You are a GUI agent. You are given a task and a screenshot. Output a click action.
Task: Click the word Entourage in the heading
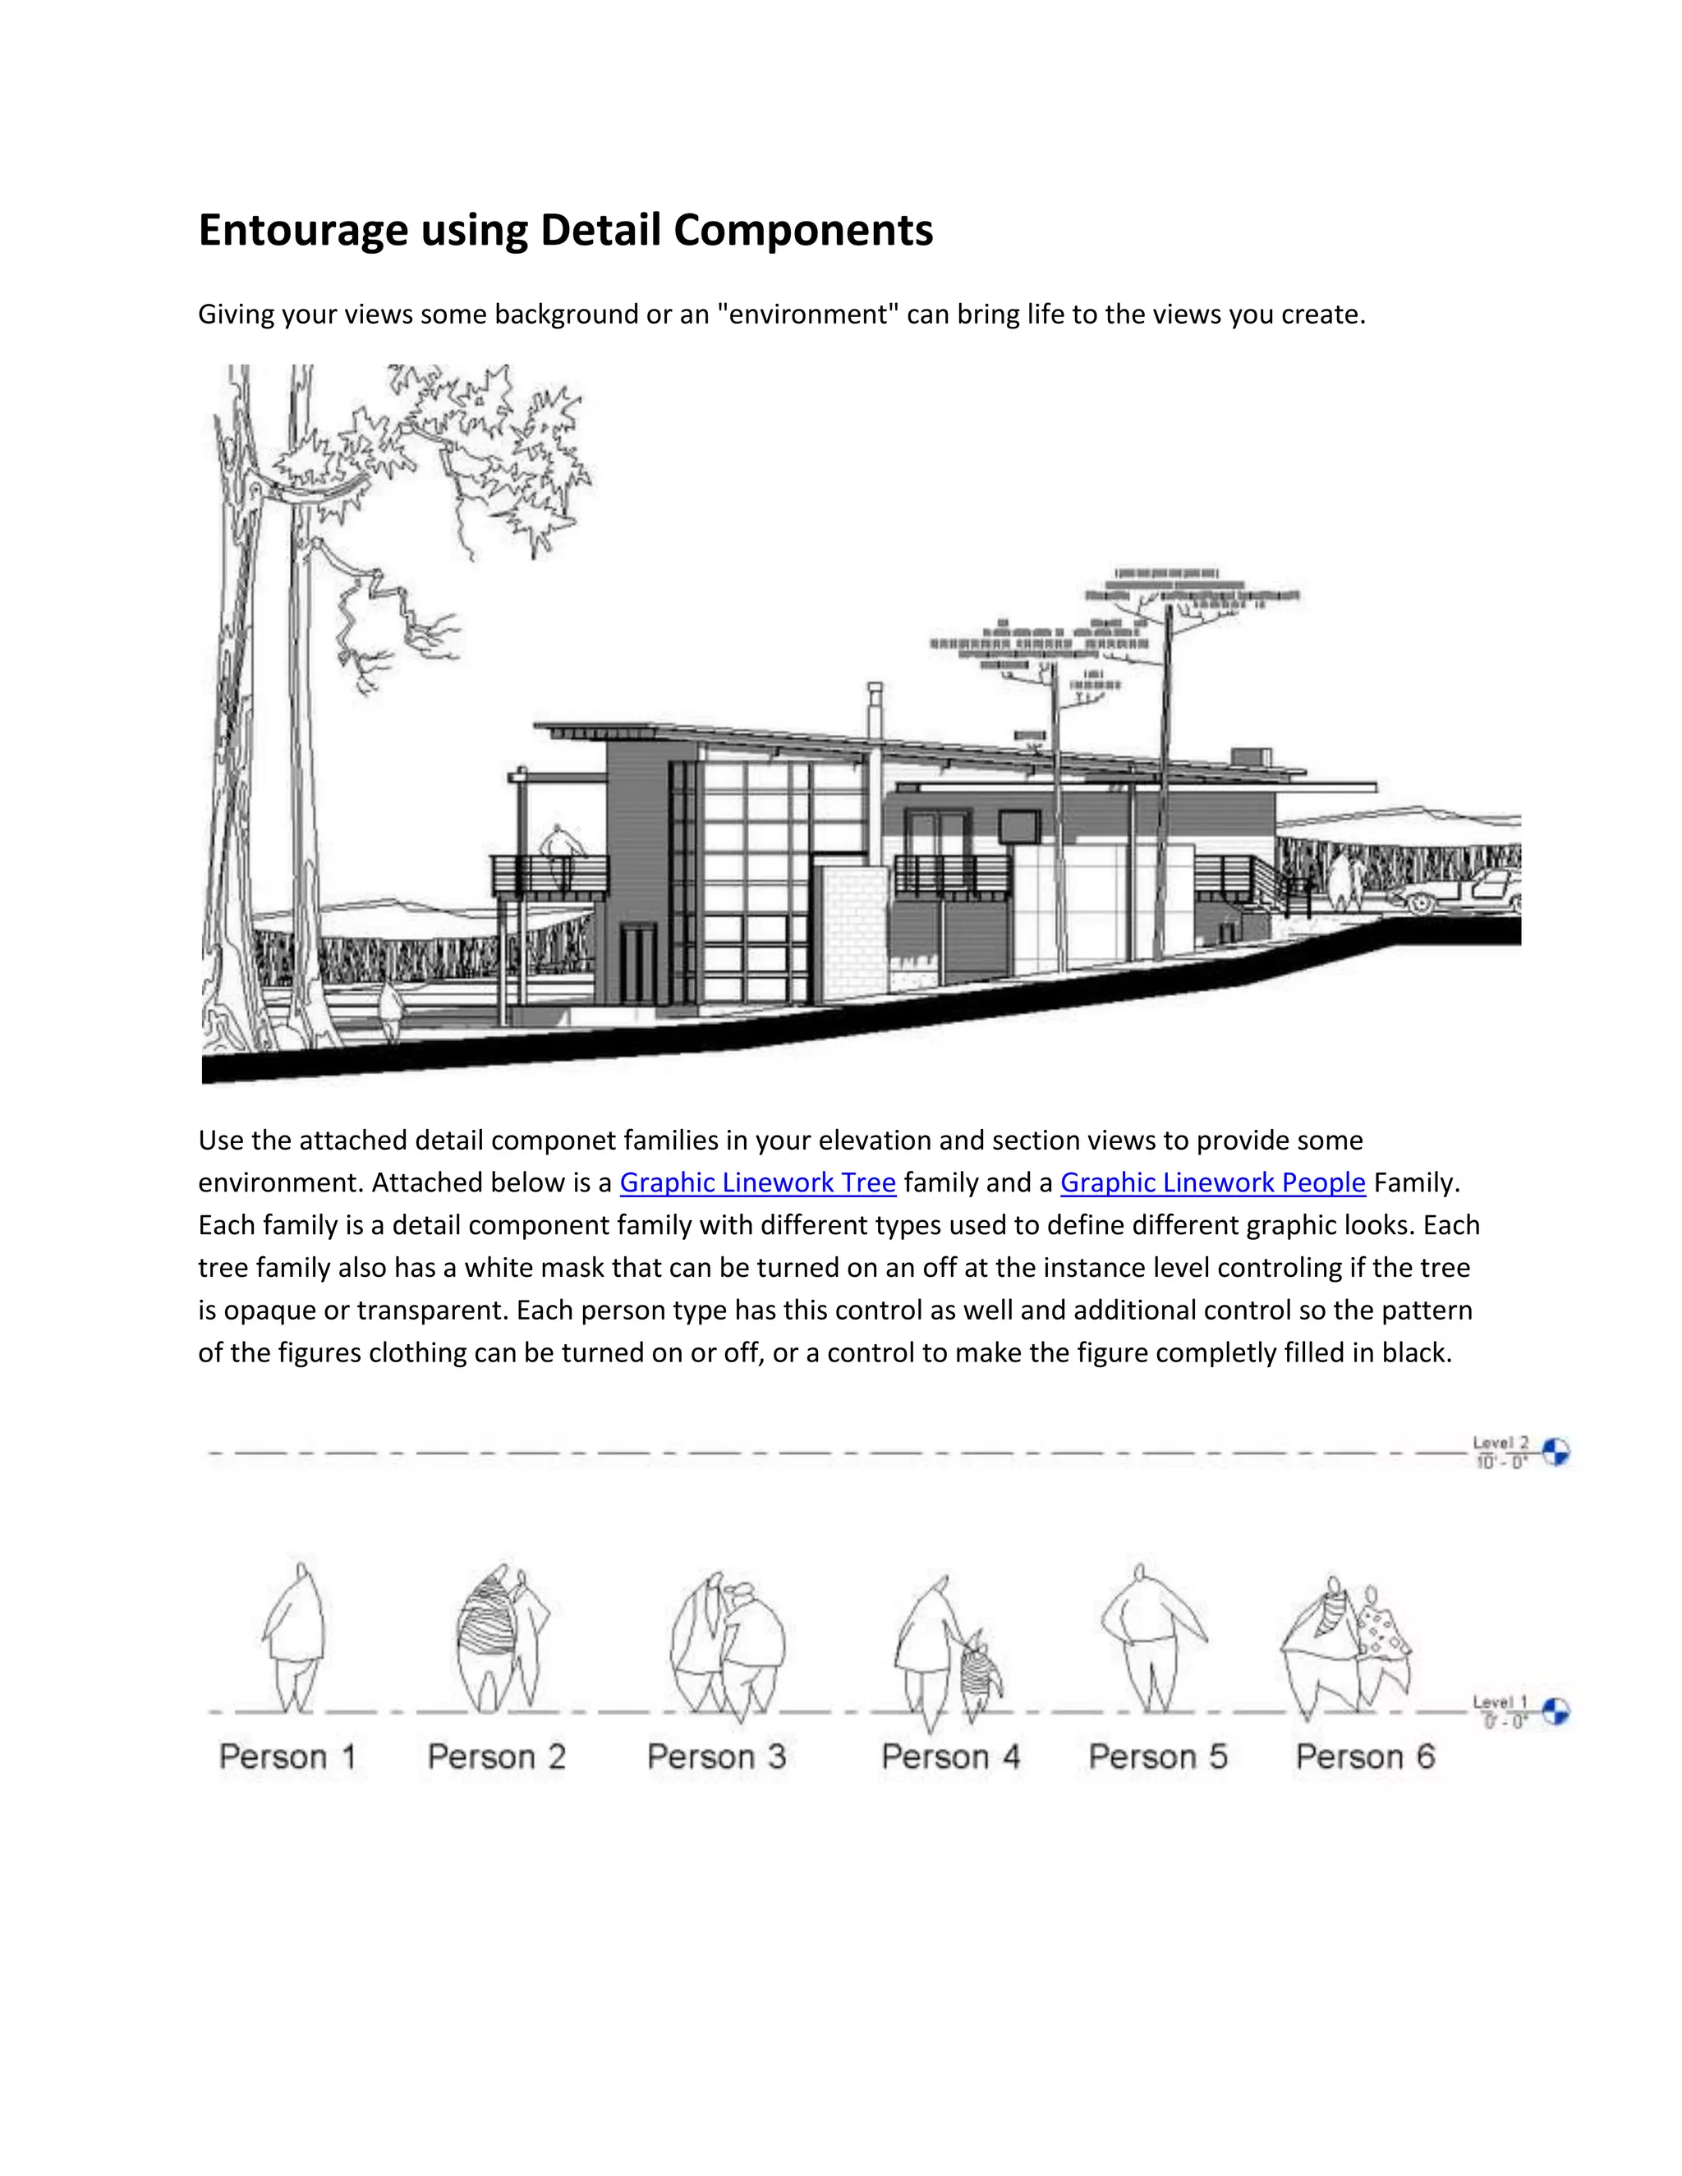[303, 230]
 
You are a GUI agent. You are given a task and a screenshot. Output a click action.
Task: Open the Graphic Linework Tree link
[757, 1182]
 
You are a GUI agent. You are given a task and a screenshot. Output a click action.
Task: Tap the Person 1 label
[287, 1756]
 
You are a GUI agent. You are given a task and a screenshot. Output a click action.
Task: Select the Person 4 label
[950, 1756]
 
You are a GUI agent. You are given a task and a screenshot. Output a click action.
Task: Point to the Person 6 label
[1365, 1756]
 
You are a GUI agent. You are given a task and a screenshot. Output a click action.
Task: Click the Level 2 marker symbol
[1556, 1452]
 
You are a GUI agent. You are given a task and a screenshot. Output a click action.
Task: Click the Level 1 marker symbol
[1556, 1712]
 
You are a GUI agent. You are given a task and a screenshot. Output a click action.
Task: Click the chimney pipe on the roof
[875, 710]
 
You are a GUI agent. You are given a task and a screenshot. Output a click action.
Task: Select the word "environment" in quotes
[802, 314]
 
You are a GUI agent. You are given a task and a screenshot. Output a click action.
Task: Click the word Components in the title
[803, 230]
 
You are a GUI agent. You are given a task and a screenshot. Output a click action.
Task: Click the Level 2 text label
[1500, 1443]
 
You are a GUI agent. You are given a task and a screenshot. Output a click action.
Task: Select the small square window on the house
[1018, 826]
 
